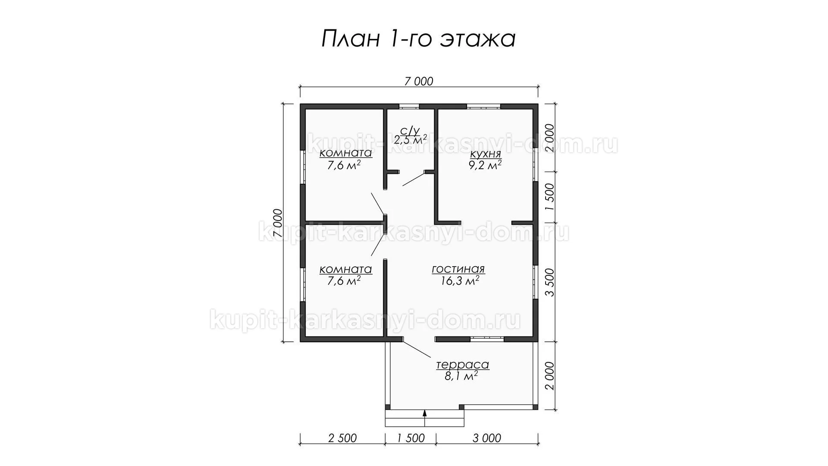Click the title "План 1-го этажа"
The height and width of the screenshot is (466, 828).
418,39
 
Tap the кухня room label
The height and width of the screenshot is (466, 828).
485,154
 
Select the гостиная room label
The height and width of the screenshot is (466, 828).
458,269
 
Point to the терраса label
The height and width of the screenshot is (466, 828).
463,365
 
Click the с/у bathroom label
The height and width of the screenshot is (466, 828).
410,130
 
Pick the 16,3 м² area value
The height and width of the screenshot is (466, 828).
460,281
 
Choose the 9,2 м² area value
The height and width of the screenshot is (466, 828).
485,165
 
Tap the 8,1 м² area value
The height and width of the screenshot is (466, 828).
461,376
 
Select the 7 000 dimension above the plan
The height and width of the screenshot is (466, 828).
419,81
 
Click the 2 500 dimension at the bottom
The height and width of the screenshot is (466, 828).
342,438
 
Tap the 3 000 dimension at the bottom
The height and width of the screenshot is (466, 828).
487,438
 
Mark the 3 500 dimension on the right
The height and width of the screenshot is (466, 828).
549,282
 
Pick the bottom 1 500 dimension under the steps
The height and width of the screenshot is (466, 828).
411,438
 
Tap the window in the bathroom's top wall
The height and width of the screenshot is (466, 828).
409,106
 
